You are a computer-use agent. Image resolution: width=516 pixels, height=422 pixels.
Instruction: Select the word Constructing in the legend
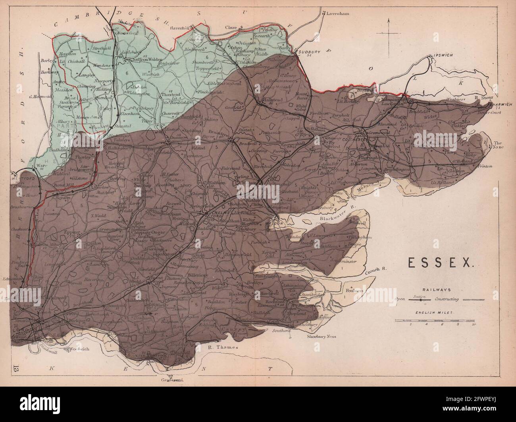[x=447, y=299]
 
